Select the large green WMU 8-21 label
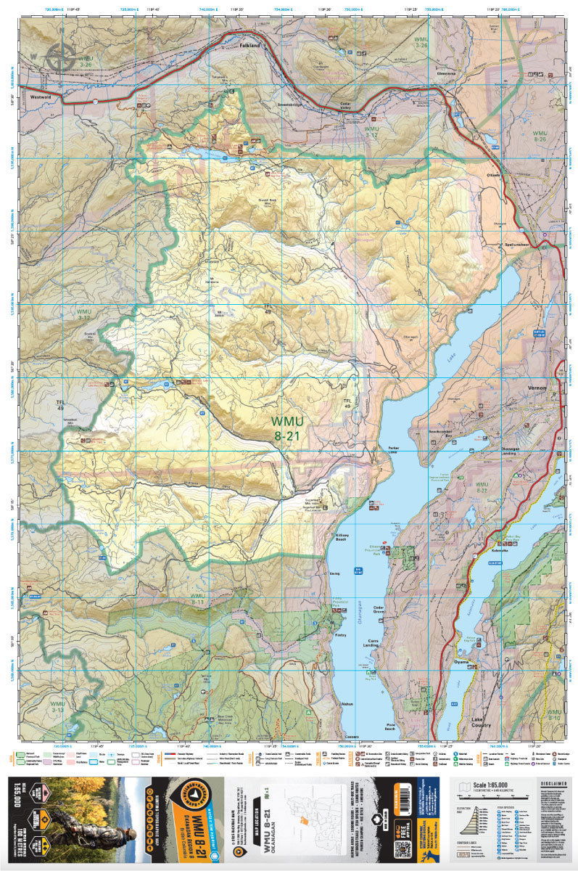coord(287,428)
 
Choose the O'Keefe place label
coord(495,177)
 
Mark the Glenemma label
coord(445,73)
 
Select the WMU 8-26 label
coord(540,136)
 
